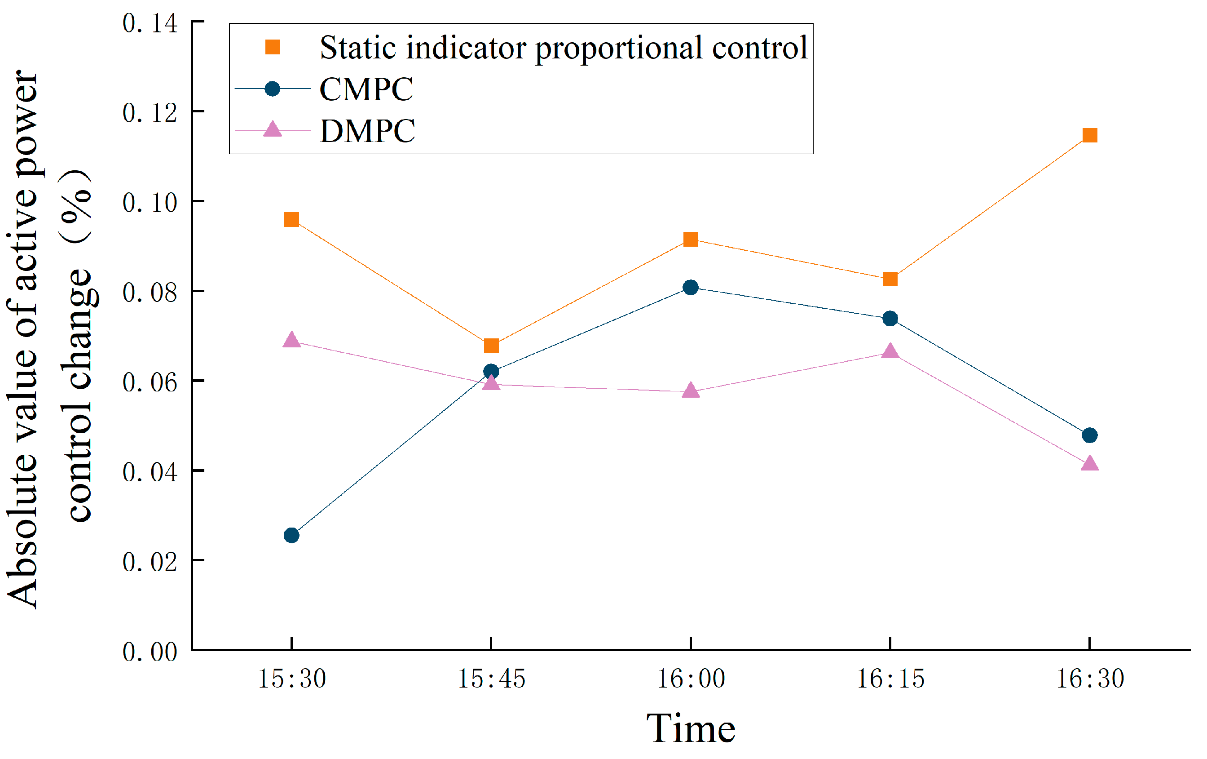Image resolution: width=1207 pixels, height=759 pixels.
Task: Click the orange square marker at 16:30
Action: click(x=1090, y=135)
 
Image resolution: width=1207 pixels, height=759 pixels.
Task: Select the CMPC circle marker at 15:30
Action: click(x=291, y=535)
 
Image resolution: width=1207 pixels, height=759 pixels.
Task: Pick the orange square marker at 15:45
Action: click(x=491, y=346)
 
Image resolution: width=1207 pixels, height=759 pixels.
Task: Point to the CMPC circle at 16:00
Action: click(x=690, y=288)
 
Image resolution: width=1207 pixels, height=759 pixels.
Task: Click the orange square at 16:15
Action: click(x=890, y=279)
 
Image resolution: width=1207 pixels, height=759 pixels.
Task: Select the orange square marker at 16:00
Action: click(x=691, y=239)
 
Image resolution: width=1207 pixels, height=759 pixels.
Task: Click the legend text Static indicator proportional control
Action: click(x=564, y=48)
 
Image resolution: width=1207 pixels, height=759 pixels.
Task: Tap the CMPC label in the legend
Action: click(x=366, y=89)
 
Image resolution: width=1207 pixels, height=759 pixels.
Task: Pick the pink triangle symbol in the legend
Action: click(x=272, y=129)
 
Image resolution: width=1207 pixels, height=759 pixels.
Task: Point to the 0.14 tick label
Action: click(x=150, y=23)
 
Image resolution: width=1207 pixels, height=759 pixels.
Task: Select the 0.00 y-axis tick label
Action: click(x=150, y=652)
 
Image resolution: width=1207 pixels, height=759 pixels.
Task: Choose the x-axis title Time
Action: click(x=691, y=728)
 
